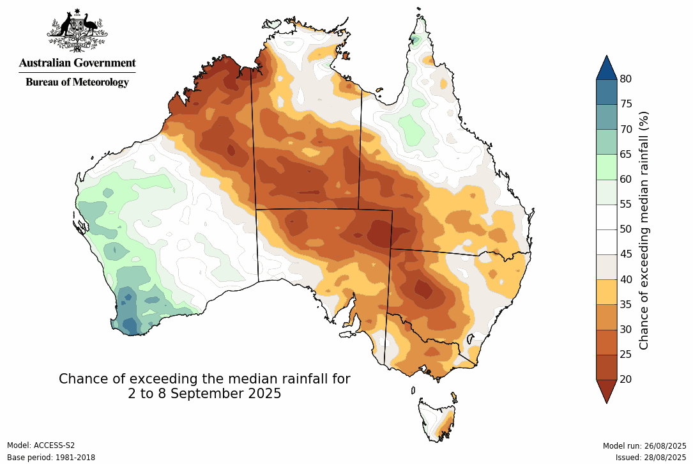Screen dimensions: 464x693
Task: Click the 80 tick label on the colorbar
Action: [x=625, y=79]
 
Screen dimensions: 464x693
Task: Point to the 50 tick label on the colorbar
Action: [x=625, y=229]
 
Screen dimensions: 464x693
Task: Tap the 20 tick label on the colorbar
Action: [x=625, y=379]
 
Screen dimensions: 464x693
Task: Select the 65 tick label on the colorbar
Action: [x=625, y=154]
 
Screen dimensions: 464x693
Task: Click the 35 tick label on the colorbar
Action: [x=625, y=304]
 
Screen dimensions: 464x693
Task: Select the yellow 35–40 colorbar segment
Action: [x=607, y=291]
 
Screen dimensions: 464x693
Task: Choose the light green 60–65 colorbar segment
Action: [x=607, y=167]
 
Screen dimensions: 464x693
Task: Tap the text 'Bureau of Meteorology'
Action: [x=77, y=82]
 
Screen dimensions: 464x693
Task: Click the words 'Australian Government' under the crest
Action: [x=77, y=63]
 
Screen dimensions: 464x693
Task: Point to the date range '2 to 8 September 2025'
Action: [x=204, y=394]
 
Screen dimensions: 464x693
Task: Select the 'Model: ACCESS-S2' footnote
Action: [x=41, y=445]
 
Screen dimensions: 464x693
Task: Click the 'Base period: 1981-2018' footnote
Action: [x=50, y=458]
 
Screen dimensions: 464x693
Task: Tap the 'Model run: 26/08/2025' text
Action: [x=644, y=445]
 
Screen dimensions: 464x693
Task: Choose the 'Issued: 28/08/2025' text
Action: [x=650, y=458]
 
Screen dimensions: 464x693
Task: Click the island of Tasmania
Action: [x=437, y=419]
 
